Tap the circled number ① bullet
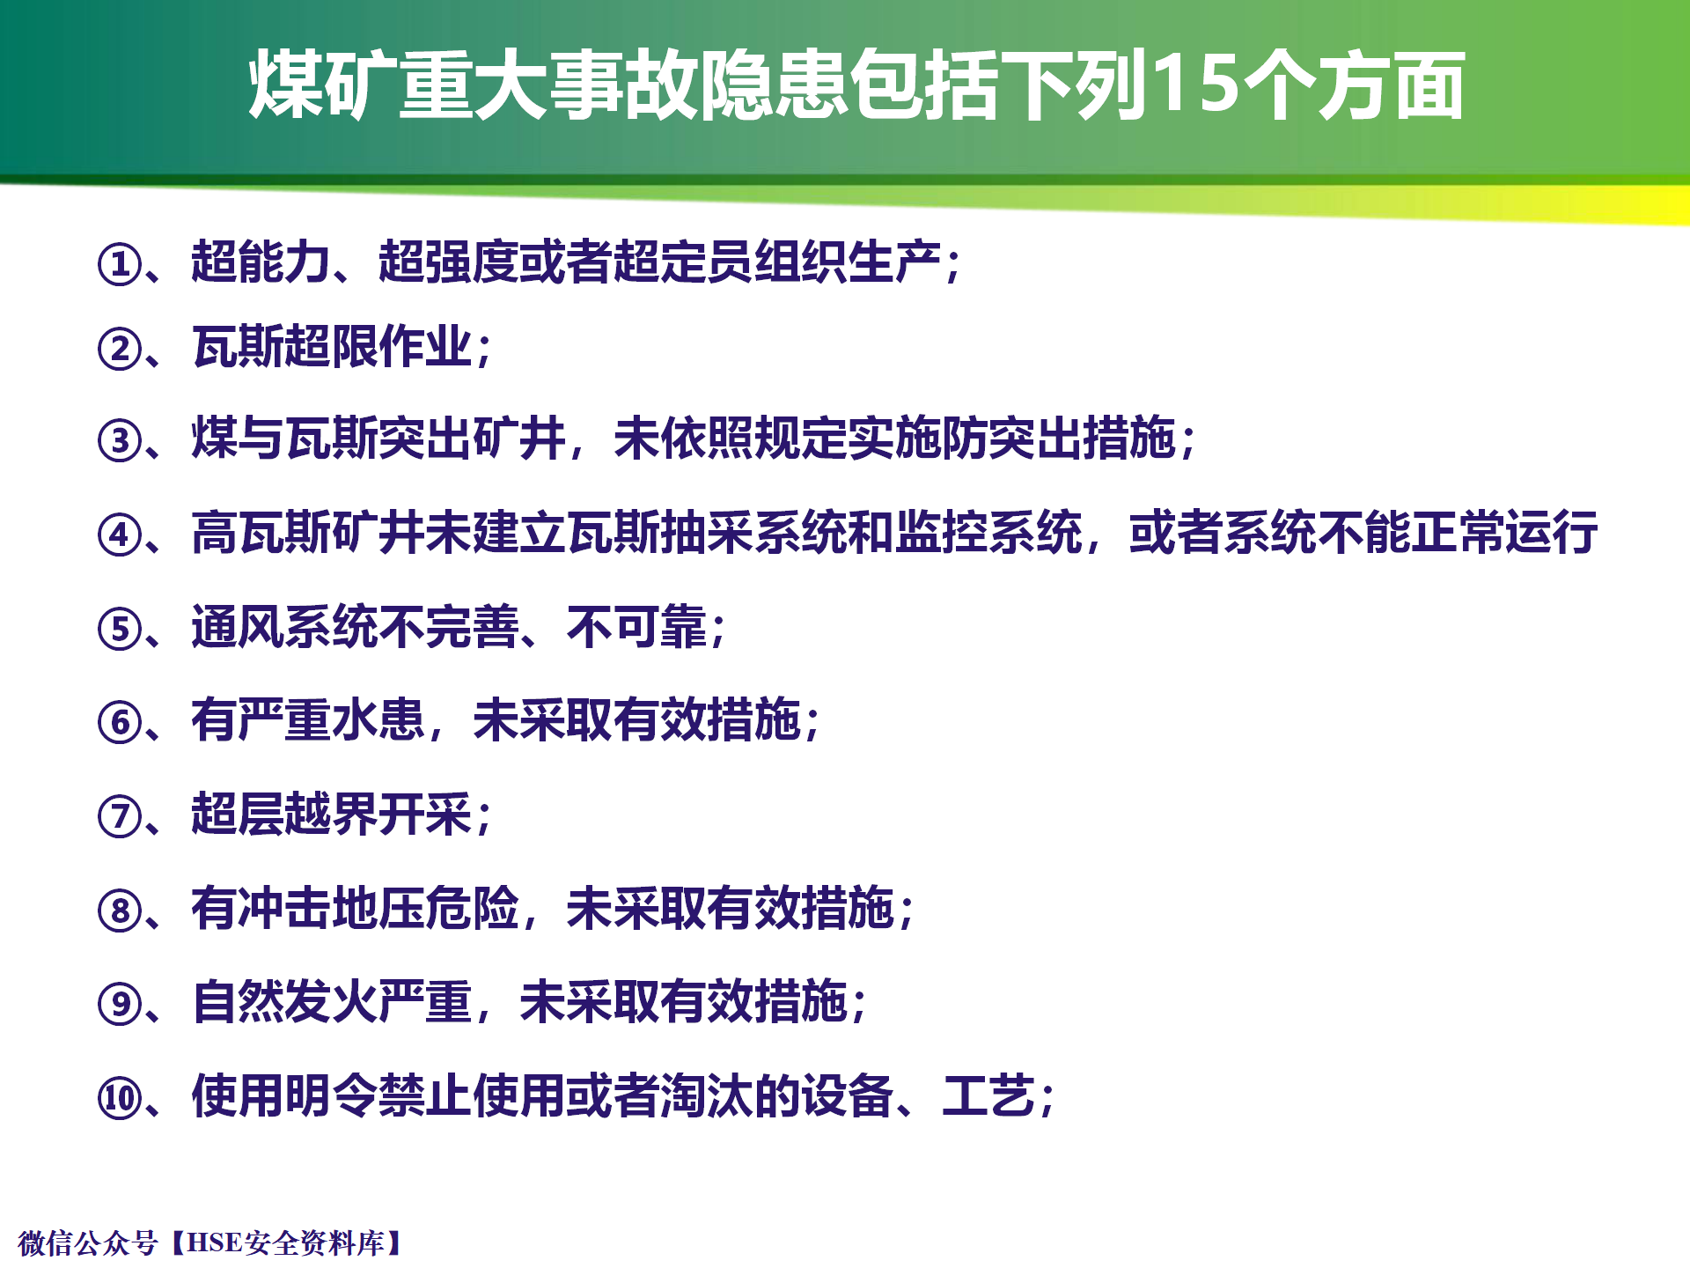(x=120, y=264)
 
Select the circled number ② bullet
(x=120, y=349)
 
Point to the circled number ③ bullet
(x=120, y=441)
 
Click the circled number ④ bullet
(x=120, y=535)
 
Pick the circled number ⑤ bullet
(x=120, y=630)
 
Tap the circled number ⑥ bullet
(x=120, y=723)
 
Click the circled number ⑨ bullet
(x=120, y=1005)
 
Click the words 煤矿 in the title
(x=322, y=85)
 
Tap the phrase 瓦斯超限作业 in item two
(x=332, y=346)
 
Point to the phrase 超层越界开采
(x=332, y=815)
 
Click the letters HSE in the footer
(x=215, y=1242)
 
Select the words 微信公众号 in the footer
(x=88, y=1242)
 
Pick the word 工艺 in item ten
(x=988, y=1096)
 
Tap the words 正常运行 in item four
(x=1504, y=533)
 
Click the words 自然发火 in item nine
(x=285, y=1002)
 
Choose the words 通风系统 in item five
(x=285, y=627)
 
